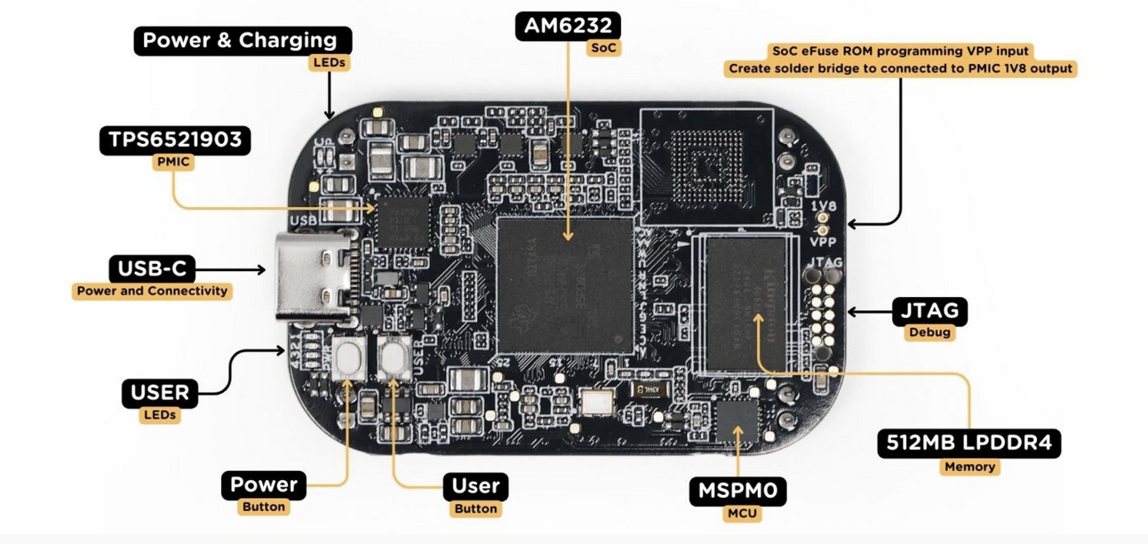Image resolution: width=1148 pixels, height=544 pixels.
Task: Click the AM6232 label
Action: pos(568,26)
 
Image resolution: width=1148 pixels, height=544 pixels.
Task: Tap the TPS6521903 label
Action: pos(174,140)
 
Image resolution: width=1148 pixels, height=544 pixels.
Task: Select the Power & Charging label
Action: pos(239,40)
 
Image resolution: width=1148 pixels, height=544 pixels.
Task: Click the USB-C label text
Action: pos(151,268)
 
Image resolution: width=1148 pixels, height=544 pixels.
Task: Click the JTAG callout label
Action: pos(929,311)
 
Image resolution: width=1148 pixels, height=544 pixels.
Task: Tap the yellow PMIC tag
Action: pos(175,163)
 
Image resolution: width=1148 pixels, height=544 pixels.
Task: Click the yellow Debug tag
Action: pos(929,333)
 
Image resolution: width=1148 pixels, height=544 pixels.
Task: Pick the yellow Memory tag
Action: pos(969,467)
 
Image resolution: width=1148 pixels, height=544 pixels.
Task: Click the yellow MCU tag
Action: pos(741,514)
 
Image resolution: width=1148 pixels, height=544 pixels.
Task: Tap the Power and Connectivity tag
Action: pos(151,291)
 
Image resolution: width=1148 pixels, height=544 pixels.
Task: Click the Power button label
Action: pos(263,485)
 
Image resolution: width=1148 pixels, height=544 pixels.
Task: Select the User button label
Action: pos(475,485)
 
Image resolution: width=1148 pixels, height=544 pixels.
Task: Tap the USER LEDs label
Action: pos(161,393)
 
